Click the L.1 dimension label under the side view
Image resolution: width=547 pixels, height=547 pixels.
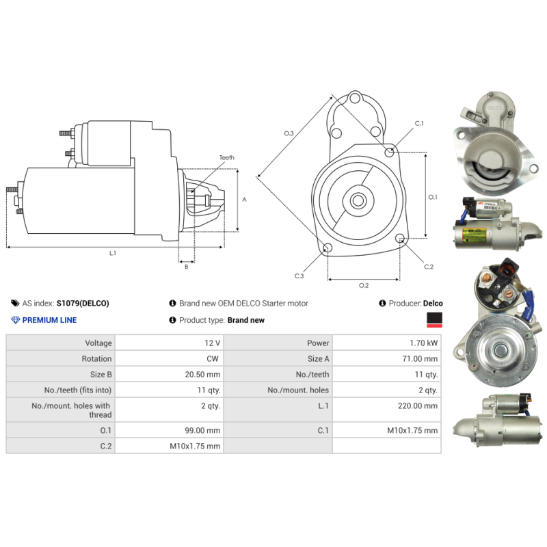(112, 253)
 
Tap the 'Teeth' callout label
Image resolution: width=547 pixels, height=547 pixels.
(227, 158)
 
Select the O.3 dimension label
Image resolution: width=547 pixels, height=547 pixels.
(289, 133)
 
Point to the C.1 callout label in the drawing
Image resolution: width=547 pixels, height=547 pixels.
(419, 123)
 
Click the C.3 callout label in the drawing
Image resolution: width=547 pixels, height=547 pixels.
(299, 276)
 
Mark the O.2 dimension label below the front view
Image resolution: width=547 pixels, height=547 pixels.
(364, 285)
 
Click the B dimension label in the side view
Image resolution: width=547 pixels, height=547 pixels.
(186, 267)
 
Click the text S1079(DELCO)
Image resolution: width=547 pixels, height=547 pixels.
(83, 304)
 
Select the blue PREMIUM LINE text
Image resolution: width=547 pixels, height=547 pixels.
(49, 320)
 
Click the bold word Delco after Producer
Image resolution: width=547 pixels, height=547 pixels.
(433, 304)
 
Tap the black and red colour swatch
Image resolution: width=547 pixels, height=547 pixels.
(434, 320)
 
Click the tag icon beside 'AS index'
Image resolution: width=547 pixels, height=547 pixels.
(15, 303)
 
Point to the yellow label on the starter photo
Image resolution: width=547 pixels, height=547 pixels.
(474, 235)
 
